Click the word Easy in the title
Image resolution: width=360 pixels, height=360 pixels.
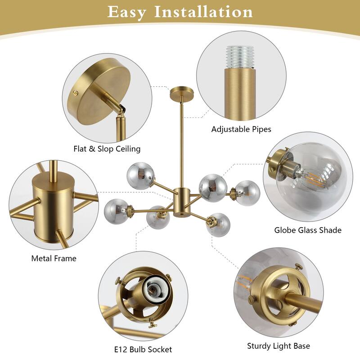126,12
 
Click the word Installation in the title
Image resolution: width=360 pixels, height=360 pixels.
203,12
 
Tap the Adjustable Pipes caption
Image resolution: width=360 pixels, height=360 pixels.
241,129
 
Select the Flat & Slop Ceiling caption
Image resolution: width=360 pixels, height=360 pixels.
107,149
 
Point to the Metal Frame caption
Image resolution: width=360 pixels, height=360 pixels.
54,258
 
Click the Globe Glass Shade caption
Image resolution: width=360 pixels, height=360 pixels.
308,230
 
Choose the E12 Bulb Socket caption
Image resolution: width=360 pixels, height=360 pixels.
143,349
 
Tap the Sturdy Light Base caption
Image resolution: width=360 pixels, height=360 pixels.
279,346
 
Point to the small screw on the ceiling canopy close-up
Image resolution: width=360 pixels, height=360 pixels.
75,93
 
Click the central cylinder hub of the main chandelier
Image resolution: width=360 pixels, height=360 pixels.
182,202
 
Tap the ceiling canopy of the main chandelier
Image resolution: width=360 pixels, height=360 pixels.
182,93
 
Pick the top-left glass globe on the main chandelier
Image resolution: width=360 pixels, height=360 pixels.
140,175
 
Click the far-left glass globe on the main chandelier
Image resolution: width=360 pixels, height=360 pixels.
116,211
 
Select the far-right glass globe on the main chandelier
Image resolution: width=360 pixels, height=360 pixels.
247,193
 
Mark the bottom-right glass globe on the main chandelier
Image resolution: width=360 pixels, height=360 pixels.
218,225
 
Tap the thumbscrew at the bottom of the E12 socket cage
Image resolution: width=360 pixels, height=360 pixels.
152,324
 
